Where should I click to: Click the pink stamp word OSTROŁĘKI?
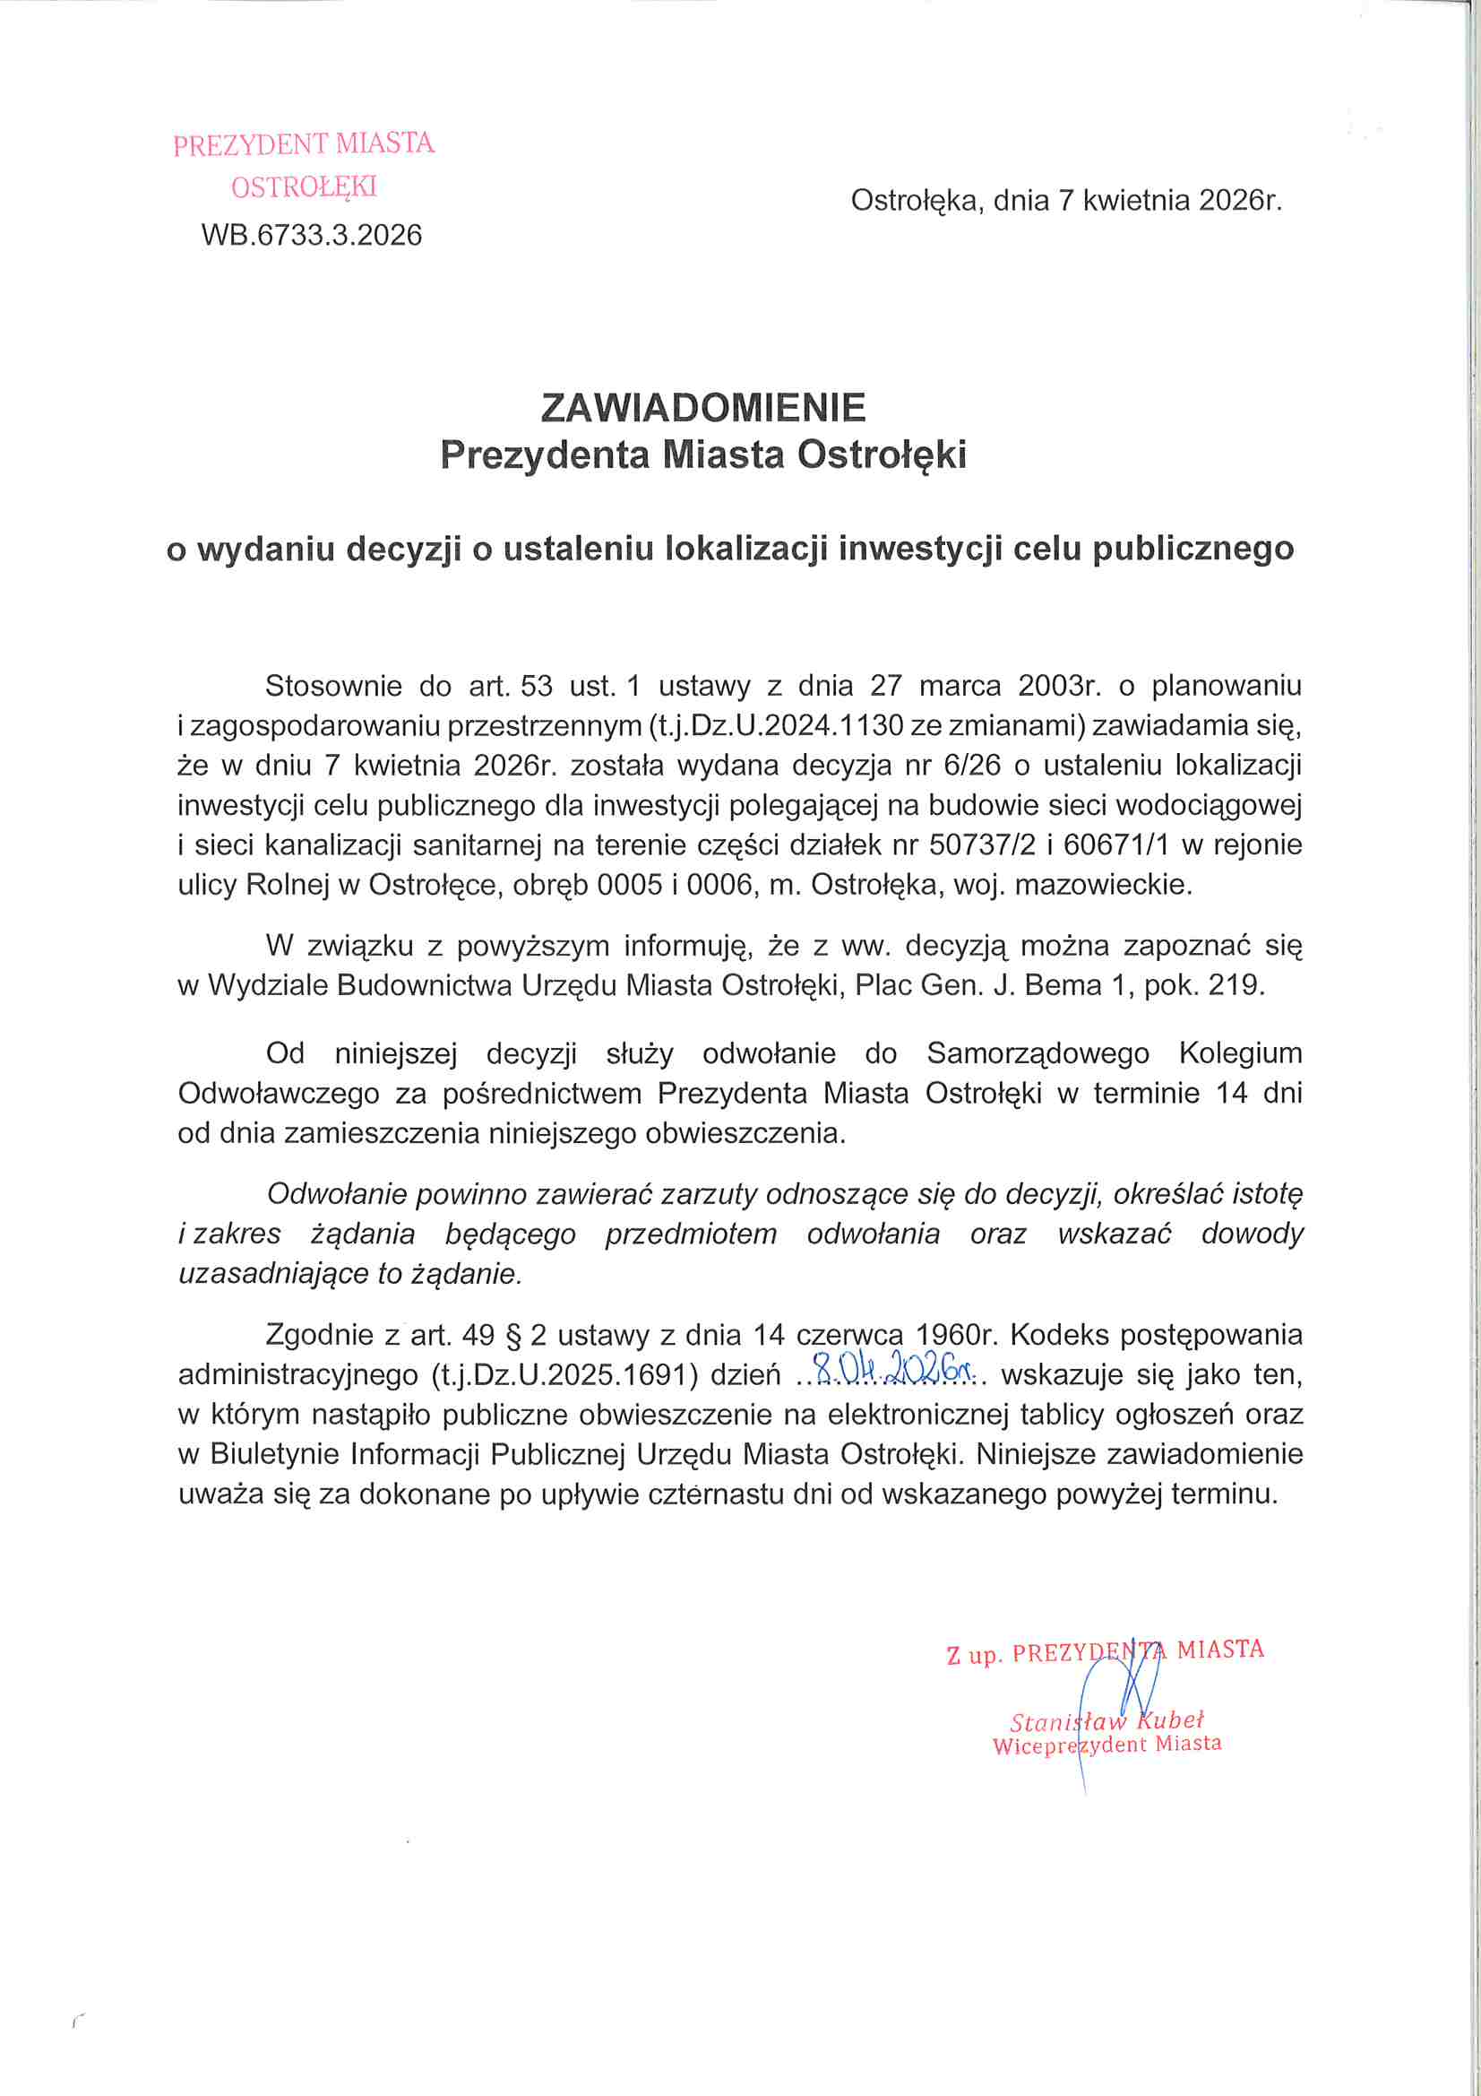coord(304,187)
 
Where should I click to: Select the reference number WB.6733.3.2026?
coord(311,236)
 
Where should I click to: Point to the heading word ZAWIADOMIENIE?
coord(702,407)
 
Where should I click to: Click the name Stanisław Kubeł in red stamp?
coord(1106,1720)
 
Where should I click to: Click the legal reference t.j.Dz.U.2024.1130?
coord(776,725)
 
